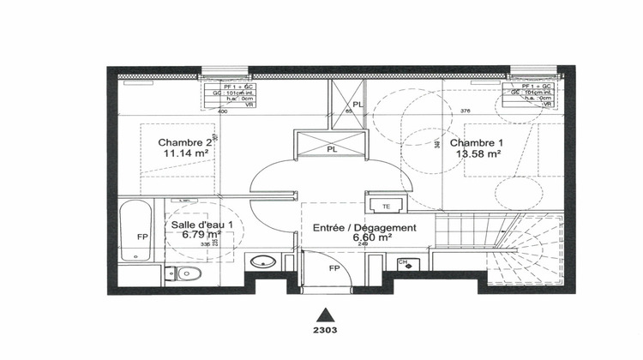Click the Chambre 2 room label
coord(183,142)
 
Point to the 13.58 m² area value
coord(478,154)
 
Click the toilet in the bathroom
coord(190,273)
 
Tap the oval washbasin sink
coord(261,261)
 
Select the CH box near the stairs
coord(403,262)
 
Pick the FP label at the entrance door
coord(334,267)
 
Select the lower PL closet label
coord(330,147)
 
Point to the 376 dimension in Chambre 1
coord(466,111)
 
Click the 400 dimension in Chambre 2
coord(223,111)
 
